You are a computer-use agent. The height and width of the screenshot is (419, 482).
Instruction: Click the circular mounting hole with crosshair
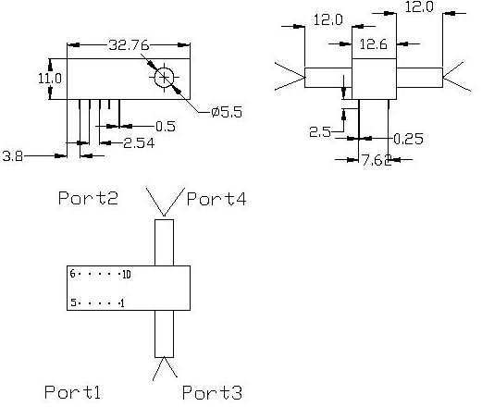(165, 78)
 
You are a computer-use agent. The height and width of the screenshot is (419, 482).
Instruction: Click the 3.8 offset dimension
(13, 156)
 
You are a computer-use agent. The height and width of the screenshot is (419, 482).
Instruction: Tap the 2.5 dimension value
(319, 132)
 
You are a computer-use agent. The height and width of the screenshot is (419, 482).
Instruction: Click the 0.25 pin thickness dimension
(410, 139)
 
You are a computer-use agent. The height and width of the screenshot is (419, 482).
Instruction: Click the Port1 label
(72, 392)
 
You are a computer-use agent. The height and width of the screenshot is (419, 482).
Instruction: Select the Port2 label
(87, 197)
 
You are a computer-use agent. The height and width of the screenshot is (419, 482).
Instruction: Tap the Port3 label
(212, 393)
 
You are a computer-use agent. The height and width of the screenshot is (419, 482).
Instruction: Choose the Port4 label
(216, 197)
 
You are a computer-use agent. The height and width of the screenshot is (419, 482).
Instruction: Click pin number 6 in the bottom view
(72, 275)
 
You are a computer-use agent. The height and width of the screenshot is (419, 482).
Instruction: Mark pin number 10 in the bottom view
(127, 275)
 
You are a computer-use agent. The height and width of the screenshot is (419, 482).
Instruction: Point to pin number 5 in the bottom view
(72, 302)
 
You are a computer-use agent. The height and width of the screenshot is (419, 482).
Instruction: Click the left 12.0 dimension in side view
(328, 18)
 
